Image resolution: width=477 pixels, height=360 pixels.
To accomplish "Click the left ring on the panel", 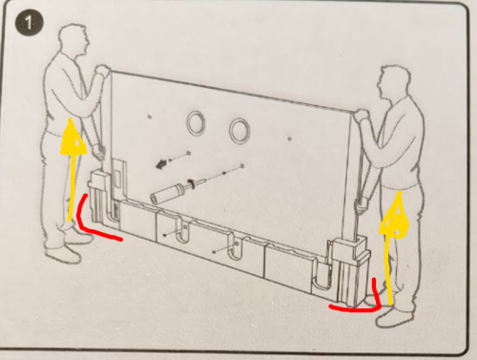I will point(197,122).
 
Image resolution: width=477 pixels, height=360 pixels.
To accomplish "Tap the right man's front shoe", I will point(393,318).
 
